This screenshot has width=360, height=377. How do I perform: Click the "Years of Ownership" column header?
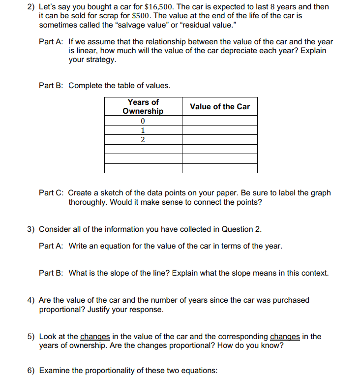pyautogui.click(x=143, y=106)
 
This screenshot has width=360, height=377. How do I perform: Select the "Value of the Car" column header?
pyautogui.click(x=220, y=106)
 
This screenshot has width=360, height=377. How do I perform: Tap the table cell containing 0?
pyautogui.click(x=143, y=121)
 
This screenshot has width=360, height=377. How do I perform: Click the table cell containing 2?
pyautogui.click(x=143, y=140)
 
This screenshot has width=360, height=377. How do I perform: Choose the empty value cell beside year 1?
pyautogui.click(x=220, y=130)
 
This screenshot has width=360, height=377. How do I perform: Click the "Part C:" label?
pyautogui.click(x=51, y=193)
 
